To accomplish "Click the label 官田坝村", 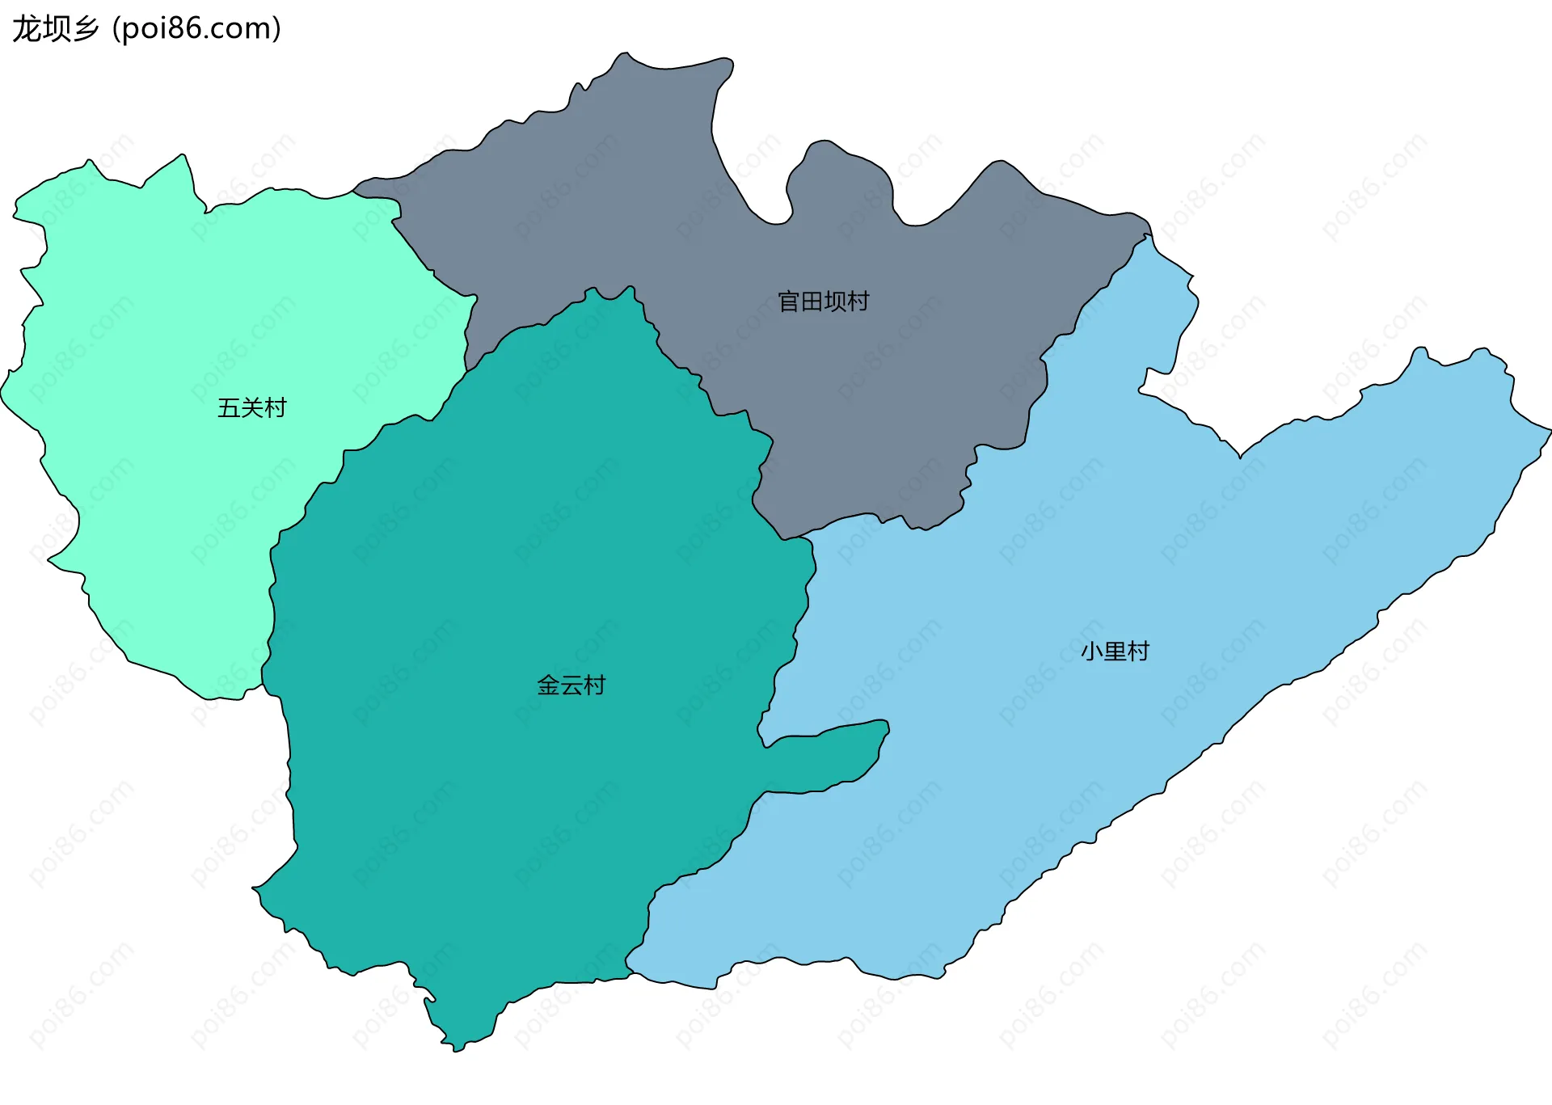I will (x=823, y=302).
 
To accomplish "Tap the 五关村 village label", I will (x=251, y=407).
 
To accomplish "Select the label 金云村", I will (x=571, y=685).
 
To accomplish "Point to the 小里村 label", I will (x=1115, y=651).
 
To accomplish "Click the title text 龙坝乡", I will (x=55, y=28).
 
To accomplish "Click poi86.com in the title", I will (x=196, y=28).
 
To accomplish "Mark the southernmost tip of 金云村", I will (x=457, y=1049).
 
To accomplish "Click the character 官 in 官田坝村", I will (x=789, y=302).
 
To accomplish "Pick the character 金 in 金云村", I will (x=548, y=685).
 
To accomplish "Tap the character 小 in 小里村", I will (x=1092, y=651).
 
